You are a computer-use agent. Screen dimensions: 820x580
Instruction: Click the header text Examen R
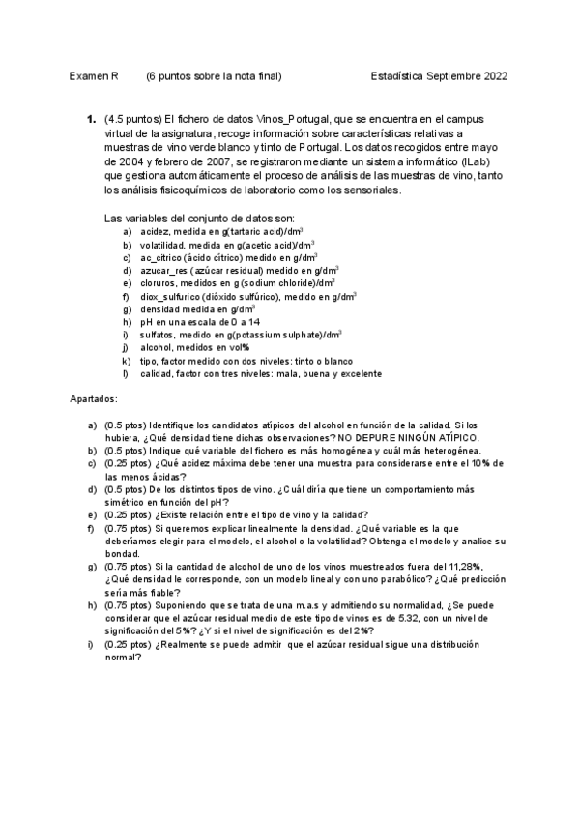click(95, 76)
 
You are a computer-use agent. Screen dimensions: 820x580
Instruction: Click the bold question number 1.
click(91, 119)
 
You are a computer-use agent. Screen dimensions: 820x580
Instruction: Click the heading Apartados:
click(95, 398)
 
